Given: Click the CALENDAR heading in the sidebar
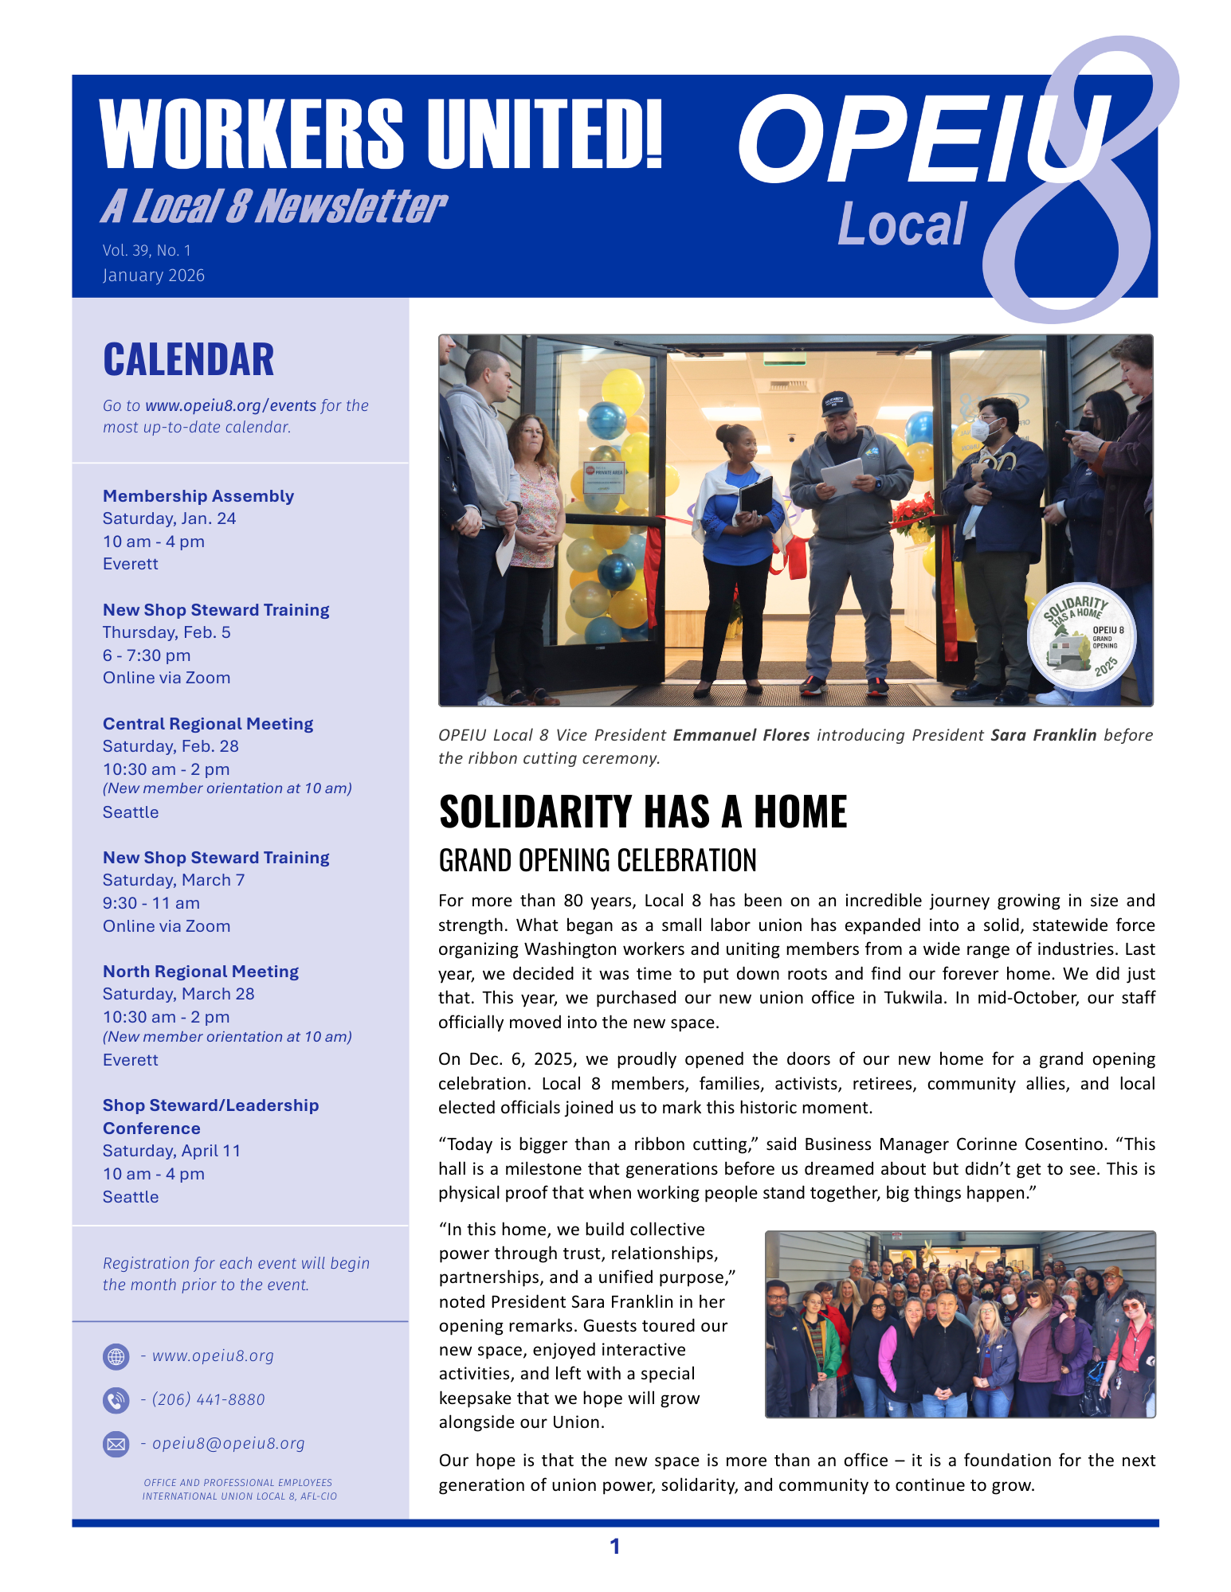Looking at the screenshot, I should click(x=188, y=359).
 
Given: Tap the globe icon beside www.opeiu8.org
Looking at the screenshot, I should click(x=116, y=1356).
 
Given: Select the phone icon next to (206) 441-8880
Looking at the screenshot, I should click(x=116, y=1400).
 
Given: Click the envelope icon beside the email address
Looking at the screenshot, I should click(x=116, y=1444).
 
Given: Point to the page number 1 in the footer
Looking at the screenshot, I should click(x=614, y=1547).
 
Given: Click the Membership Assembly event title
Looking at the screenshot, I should click(x=198, y=496).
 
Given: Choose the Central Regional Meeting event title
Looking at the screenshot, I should click(x=208, y=724).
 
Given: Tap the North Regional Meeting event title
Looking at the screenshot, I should click(x=201, y=972).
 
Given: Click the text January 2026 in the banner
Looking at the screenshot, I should click(x=154, y=276).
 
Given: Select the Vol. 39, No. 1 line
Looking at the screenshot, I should click(x=147, y=251).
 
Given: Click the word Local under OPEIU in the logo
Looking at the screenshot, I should click(x=902, y=225).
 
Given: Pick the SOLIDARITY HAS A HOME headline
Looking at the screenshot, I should click(x=642, y=812).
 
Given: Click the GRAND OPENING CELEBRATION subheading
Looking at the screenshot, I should click(x=598, y=861).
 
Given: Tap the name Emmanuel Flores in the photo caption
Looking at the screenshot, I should click(x=741, y=735).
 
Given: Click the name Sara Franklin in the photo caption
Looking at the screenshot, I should click(x=1043, y=735).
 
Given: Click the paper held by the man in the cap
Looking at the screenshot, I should click(x=842, y=475).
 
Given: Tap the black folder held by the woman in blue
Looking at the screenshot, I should click(x=755, y=496).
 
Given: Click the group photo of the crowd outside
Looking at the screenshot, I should click(x=960, y=1324).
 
